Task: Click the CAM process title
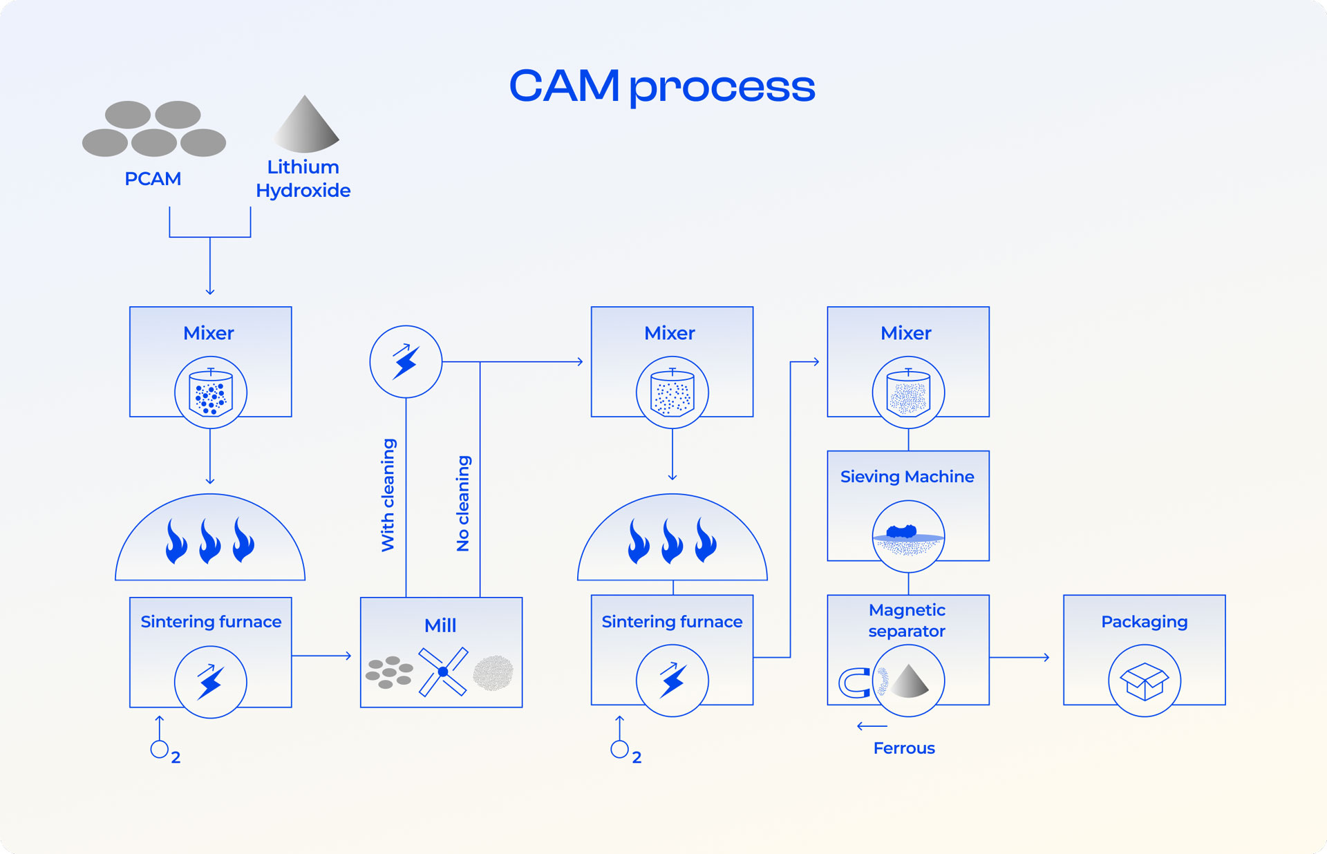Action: [662, 86]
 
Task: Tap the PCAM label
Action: [153, 179]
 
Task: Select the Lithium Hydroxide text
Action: [303, 179]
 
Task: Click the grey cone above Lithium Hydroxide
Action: [306, 126]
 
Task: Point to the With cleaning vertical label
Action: [388, 495]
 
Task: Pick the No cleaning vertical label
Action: [463, 503]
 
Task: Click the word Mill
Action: [440, 625]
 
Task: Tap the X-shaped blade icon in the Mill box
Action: [443, 672]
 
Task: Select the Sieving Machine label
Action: [907, 477]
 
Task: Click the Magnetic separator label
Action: [907, 620]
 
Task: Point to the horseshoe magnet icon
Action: [854, 683]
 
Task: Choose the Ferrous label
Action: [904, 748]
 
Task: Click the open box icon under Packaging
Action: [1145, 681]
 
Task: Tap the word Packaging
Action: [1145, 622]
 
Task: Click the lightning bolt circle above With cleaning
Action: [406, 361]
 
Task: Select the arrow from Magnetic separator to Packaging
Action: [1020, 658]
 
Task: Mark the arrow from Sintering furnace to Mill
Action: [322, 656]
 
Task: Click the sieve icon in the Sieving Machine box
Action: [908, 537]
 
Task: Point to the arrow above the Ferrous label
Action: [872, 726]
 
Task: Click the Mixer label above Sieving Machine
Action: [906, 333]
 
